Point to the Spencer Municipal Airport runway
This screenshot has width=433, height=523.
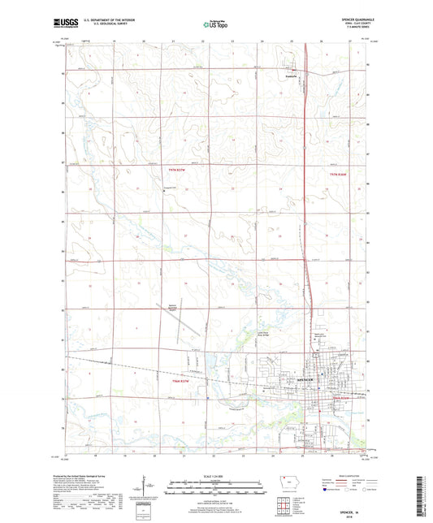point(180,330)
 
